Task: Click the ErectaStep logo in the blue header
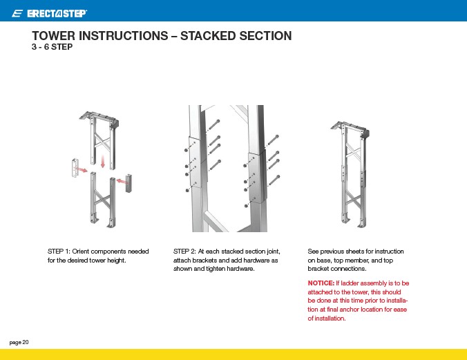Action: click(49, 13)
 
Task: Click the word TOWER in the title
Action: click(54, 35)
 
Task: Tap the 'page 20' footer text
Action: click(19, 342)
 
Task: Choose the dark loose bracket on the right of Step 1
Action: click(128, 183)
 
